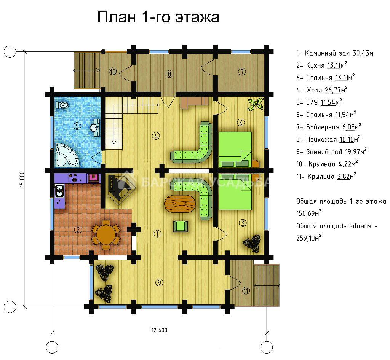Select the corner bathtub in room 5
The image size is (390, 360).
[x=66, y=155]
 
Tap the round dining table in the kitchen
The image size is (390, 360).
[x=106, y=234]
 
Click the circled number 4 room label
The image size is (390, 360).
[x=156, y=136]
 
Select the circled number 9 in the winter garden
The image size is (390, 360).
[x=159, y=282]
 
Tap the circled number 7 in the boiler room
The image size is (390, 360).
[x=242, y=72]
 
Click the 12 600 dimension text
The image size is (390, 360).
[x=160, y=330]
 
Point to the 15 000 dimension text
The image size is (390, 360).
[x=22, y=179]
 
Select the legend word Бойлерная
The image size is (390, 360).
[x=323, y=127]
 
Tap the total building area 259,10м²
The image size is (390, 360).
[x=308, y=238]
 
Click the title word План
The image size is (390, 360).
[x=117, y=17]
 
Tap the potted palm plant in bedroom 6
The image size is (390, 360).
[x=256, y=104]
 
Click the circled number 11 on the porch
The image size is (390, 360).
[x=246, y=291]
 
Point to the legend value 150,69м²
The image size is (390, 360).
[x=308, y=213]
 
